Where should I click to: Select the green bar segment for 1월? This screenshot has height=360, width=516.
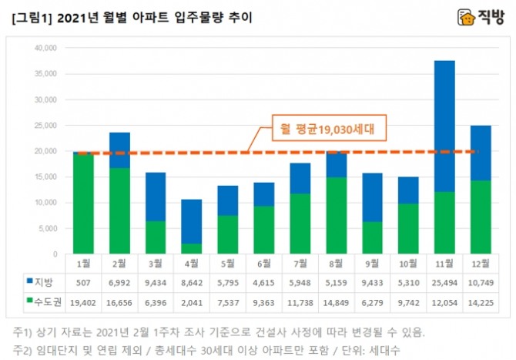(83, 204)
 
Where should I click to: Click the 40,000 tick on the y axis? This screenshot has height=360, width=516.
(46, 48)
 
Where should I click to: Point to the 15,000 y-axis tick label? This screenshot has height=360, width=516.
(46, 177)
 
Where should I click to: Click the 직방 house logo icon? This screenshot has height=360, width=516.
(466, 17)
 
